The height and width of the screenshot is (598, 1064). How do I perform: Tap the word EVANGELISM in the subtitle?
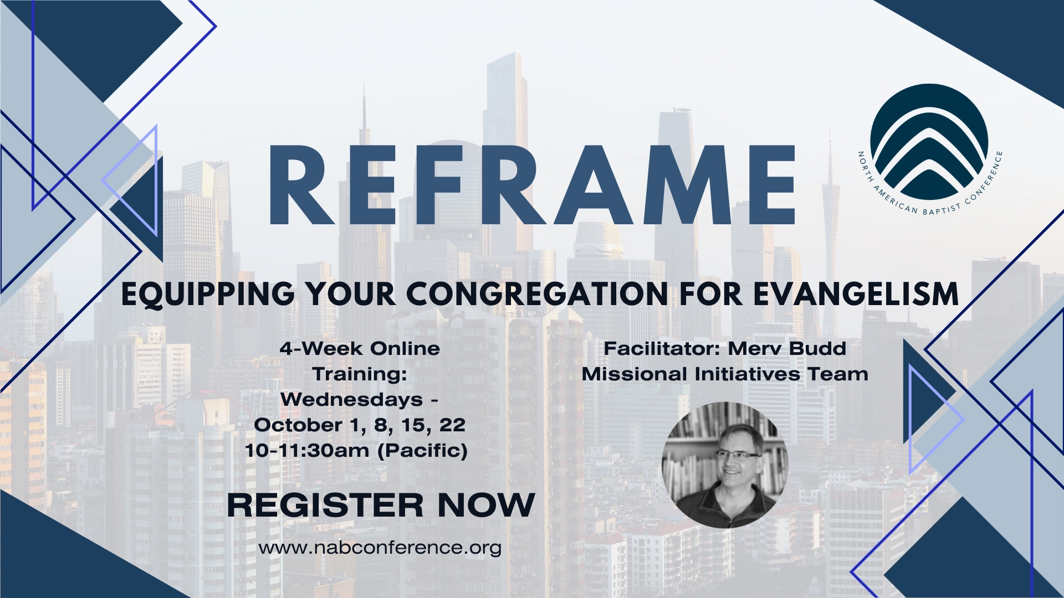(x=856, y=294)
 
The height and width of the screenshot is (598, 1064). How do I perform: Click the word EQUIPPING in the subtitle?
(x=208, y=295)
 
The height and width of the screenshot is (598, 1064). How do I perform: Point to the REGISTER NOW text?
(x=381, y=505)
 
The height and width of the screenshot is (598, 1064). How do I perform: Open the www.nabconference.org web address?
(x=380, y=548)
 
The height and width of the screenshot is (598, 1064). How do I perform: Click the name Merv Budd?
(x=787, y=349)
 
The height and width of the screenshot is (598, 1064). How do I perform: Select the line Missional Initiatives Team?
(x=725, y=374)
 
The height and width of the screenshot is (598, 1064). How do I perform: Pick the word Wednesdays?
(x=351, y=400)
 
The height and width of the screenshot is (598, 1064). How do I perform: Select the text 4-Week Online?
(x=360, y=349)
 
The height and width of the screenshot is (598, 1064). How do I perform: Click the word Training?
(x=360, y=375)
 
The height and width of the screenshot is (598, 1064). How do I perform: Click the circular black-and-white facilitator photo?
(x=725, y=465)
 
